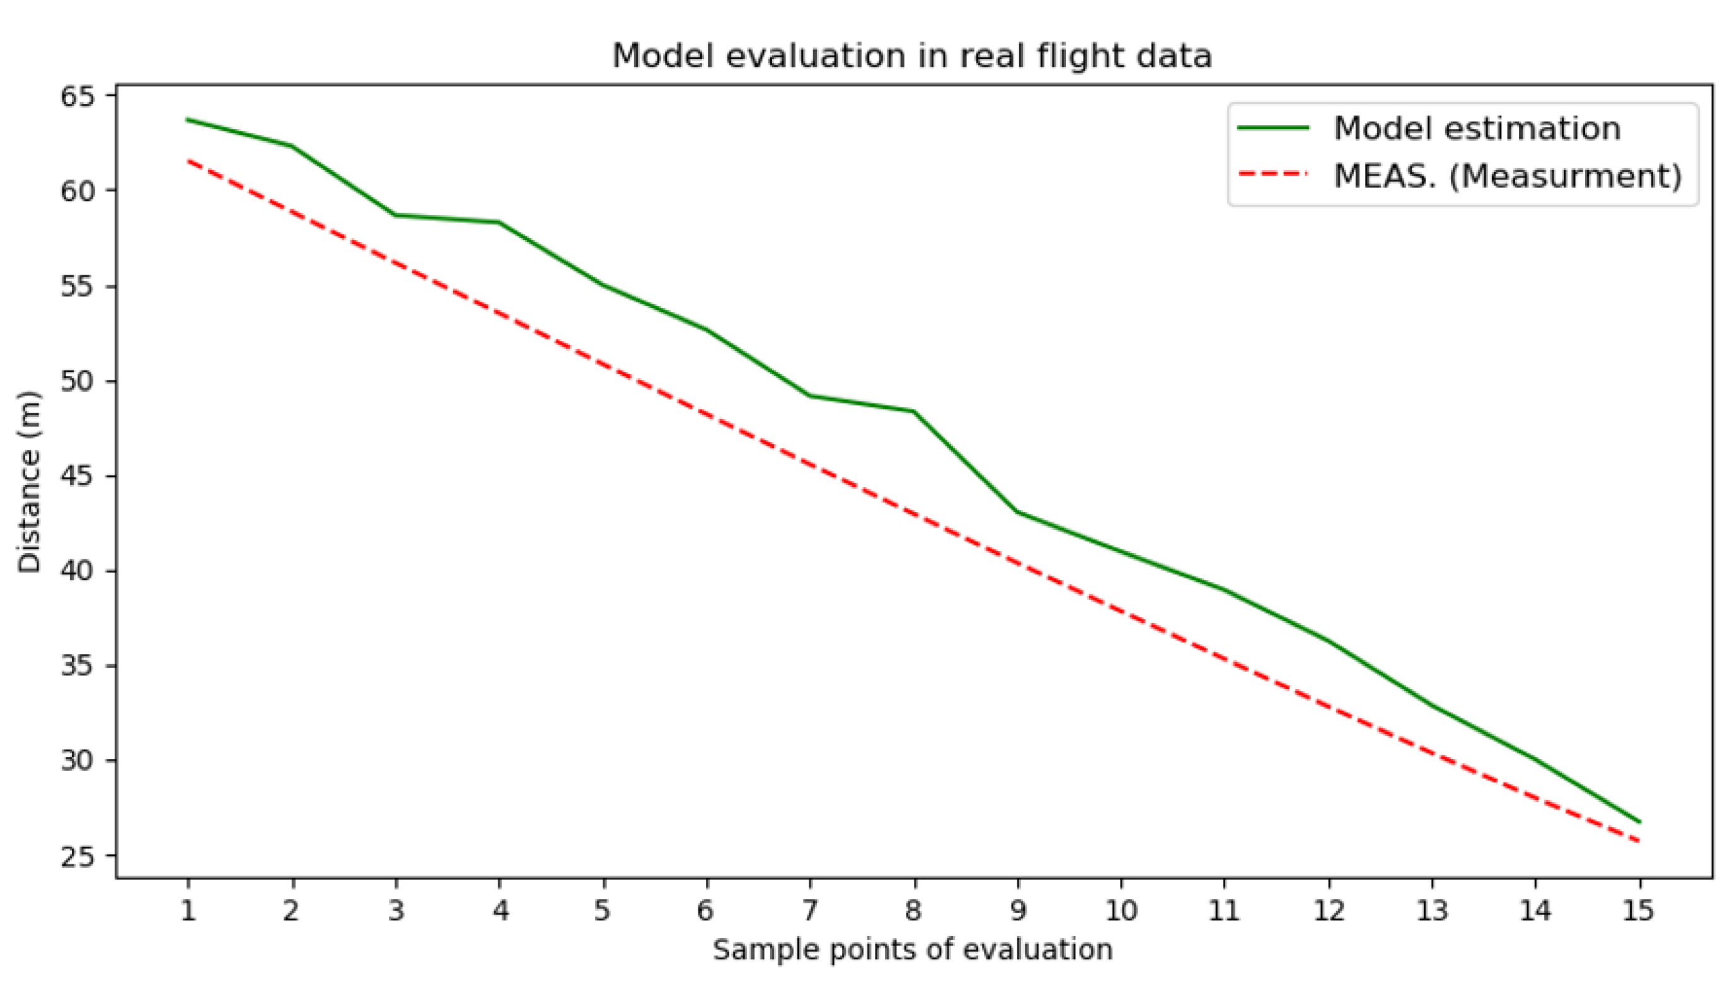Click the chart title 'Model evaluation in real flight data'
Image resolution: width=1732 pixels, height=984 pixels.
(x=911, y=55)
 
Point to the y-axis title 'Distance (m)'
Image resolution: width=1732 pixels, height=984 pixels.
(x=30, y=482)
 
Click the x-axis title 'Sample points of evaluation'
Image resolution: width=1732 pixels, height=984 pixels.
(x=913, y=949)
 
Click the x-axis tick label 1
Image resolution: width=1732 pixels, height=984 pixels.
(x=188, y=911)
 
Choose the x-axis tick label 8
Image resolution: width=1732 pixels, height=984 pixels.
(x=913, y=911)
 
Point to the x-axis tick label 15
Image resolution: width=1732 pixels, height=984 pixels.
(x=1639, y=911)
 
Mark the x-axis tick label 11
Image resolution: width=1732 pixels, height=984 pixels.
(x=1224, y=911)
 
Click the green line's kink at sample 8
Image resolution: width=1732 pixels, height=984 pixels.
(x=914, y=411)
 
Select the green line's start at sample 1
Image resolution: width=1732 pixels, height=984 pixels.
(x=188, y=119)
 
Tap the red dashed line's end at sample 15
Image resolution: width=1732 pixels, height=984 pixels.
(x=1639, y=842)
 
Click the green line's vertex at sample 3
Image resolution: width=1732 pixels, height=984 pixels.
(x=395, y=215)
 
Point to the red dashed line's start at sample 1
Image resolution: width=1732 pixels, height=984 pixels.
(x=188, y=160)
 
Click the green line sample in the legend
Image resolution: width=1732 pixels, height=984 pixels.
(x=1273, y=128)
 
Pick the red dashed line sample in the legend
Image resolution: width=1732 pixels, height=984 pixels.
(x=1273, y=174)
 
